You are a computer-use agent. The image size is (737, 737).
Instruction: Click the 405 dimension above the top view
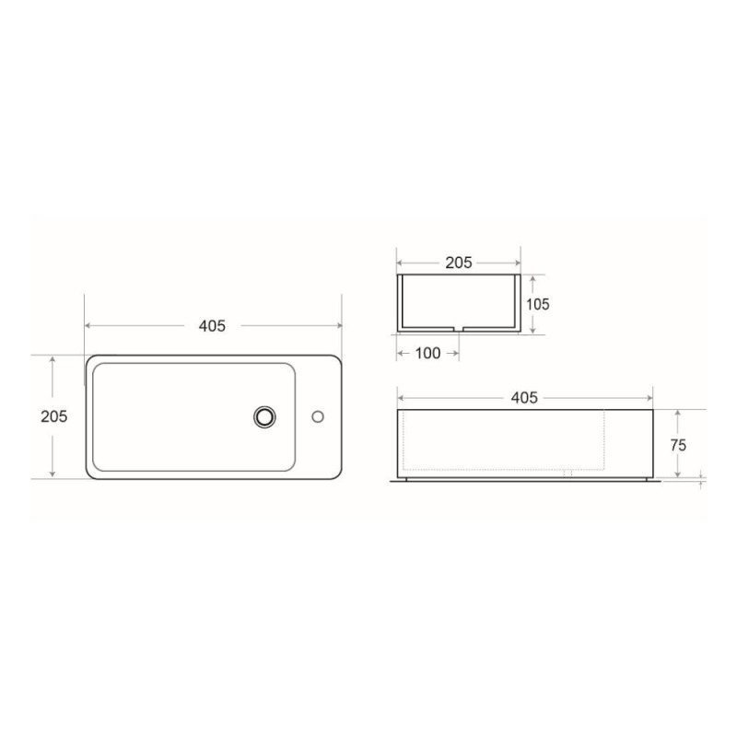pos(212,325)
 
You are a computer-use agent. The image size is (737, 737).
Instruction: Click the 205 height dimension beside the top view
pos(53,416)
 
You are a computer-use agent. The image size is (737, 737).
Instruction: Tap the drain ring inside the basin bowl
pos(265,416)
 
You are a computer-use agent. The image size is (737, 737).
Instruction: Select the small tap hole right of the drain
pos(317,416)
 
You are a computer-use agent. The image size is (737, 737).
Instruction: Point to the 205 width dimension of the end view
pos(458,263)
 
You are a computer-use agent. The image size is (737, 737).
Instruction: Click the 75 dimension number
pos(678,444)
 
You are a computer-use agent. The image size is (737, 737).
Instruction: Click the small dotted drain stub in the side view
pos(567,474)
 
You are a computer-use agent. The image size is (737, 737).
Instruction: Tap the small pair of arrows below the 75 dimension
pos(702,477)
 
